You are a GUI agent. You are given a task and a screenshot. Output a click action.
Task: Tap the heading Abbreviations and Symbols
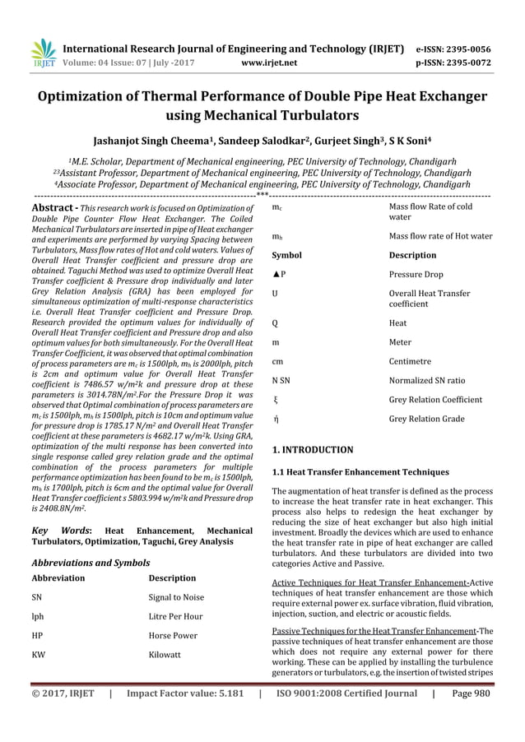pyautogui.click(x=91, y=563)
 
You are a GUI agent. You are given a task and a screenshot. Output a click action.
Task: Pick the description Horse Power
pyautogui.click(x=173, y=635)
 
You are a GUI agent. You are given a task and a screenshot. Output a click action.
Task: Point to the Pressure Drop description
pyautogui.click(x=416, y=274)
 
